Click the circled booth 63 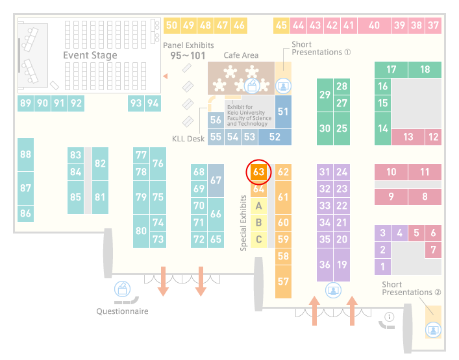[259, 172]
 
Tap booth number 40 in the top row [374, 26]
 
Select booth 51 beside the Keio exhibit [283, 112]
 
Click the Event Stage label [90, 55]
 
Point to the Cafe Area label [241, 55]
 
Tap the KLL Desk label [188, 139]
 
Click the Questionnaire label [122, 311]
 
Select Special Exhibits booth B [259, 222]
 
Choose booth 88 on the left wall [25, 155]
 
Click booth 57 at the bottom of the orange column [283, 282]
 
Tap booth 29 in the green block [325, 95]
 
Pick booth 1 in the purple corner [382, 267]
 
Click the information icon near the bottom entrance [390, 317]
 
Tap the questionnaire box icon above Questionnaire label [122, 289]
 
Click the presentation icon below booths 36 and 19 [333, 290]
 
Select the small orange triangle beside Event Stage [166, 77]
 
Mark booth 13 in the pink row [408, 137]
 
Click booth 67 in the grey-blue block [216, 180]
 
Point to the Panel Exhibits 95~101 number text [188, 56]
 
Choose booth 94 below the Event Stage [153, 104]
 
